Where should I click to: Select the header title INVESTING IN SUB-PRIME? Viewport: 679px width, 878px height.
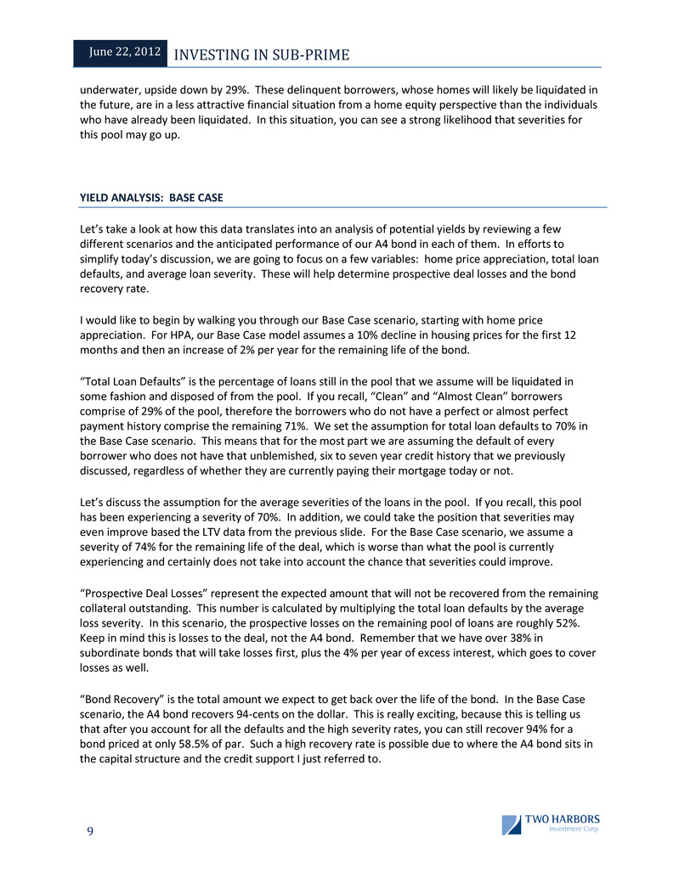pyautogui.click(x=261, y=55)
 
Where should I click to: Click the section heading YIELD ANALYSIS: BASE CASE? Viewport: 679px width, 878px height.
pyautogui.click(x=151, y=197)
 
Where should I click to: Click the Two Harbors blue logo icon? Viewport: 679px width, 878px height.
pyautogui.click(x=511, y=825)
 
